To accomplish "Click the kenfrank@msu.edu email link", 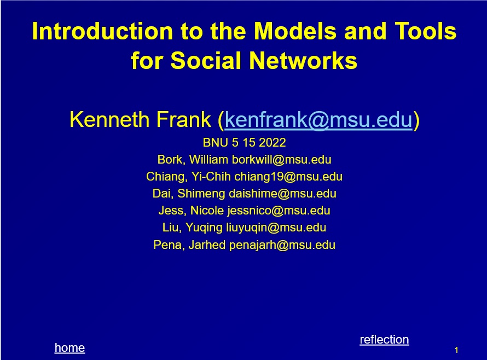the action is (318, 120).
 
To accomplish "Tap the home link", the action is (69, 348).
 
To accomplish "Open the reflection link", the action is (384, 340).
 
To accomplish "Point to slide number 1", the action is (456, 350).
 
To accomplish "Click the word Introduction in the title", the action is (102, 31).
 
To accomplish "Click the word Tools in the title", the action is (426, 31).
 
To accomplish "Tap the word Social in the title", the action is (206, 60).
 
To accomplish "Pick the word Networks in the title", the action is (303, 60).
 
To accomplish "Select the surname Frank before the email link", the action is (183, 120).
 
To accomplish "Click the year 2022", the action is (272, 143).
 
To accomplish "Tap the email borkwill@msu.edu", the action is (281, 160).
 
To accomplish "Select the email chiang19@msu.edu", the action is (288, 177).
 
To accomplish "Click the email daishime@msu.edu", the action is (283, 194).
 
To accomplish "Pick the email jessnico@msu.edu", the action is (279, 211).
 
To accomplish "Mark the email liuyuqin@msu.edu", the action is (276, 228).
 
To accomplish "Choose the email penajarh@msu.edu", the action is (282, 245).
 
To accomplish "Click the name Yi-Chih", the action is (211, 177).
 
